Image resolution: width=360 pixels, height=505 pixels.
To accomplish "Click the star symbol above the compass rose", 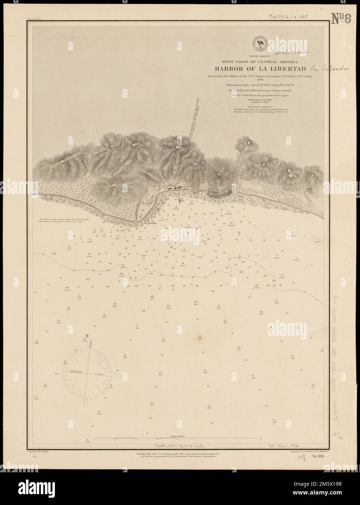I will click(x=87, y=336).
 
